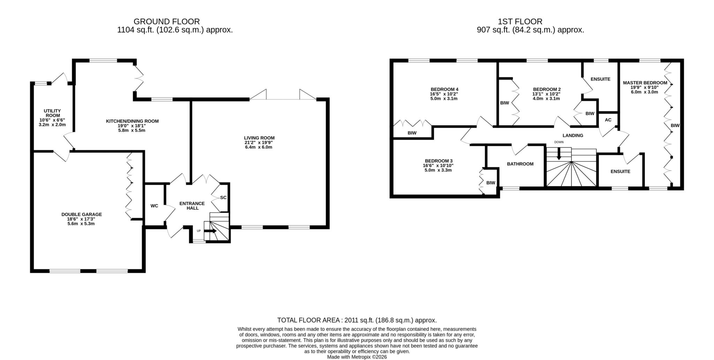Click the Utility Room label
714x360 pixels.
coord(52,113)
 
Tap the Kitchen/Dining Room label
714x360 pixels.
coord(132,121)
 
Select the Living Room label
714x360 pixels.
coord(259,138)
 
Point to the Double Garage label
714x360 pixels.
coord(82,215)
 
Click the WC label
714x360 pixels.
coord(154,206)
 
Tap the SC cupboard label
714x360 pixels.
coord(223,197)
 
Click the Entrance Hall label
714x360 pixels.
coord(192,206)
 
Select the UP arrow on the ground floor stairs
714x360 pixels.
coord(210,231)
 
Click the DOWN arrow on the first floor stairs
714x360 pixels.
coord(559,154)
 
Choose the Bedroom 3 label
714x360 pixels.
coord(439,161)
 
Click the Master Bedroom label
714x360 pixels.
coord(645,83)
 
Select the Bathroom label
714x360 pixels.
coord(520,164)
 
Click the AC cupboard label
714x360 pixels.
coord(608,120)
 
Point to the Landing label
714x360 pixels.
coord(573,135)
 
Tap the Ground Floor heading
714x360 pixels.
coord(167,22)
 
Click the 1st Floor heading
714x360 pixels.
coord(520,22)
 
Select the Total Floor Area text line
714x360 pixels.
coord(357,320)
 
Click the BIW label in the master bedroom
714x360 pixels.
coord(675,126)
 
